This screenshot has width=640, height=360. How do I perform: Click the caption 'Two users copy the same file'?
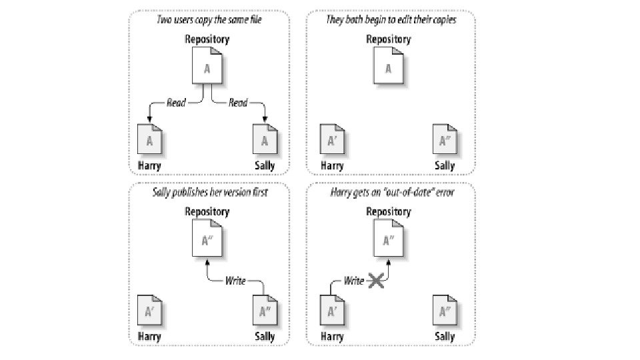tap(208, 21)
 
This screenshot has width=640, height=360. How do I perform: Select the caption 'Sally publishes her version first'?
tap(208, 193)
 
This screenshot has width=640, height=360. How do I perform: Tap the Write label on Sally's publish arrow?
tap(235, 280)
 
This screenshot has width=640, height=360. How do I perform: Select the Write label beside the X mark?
tap(354, 281)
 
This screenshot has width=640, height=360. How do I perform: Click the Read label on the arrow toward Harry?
tap(176, 103)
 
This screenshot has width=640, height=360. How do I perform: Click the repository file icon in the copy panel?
tap(207, 67)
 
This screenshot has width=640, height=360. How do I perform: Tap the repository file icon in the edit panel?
tap(388, 67)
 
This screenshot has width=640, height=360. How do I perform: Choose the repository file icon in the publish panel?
tap(207, 240)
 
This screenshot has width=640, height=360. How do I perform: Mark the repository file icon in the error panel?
tap(388, 240)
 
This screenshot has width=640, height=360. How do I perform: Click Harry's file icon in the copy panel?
tap(149, 140)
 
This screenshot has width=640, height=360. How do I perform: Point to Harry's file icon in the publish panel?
tap(149, 311)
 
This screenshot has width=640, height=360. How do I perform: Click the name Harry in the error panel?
tap(332, 337)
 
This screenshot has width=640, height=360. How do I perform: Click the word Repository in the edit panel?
tap(388, 39)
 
